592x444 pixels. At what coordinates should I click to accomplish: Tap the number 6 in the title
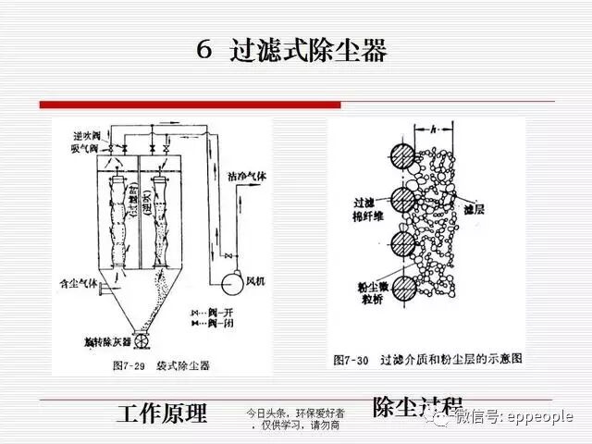pyautogui.click(x=204, y=51)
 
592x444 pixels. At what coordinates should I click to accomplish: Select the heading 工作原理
pyautogui.click(x=161, y=413)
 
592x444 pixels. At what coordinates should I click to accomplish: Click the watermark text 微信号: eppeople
pyautogui.click(x=513, y=417)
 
